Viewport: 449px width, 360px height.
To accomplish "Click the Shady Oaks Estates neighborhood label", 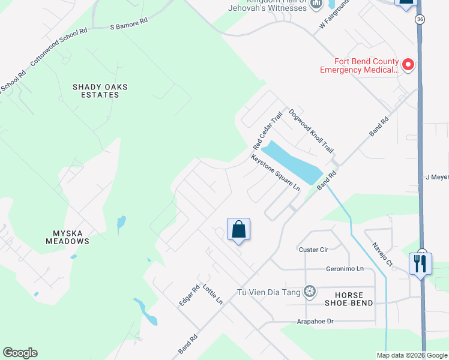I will click(100, 91).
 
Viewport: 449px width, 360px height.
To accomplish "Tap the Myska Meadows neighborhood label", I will click(67, 237).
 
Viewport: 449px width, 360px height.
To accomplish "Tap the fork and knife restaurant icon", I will click(419, 263).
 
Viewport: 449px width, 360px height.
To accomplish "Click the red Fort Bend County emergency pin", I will click(408, 64).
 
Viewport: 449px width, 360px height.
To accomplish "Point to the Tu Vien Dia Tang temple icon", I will click(309, 292).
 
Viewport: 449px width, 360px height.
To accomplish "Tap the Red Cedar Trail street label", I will click(268, 131).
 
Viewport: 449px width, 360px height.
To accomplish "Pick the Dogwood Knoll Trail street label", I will click(311, 131).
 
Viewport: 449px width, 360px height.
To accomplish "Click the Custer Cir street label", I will click(314, 249).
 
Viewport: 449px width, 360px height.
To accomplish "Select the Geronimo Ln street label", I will click(345, 269).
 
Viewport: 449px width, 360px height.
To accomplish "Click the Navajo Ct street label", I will click(381, 254).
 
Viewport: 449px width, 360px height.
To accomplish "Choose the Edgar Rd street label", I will click(189, 296).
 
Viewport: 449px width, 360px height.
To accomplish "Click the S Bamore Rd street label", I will click(129, 24).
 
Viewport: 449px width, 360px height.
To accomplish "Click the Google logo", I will click(20, 353).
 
